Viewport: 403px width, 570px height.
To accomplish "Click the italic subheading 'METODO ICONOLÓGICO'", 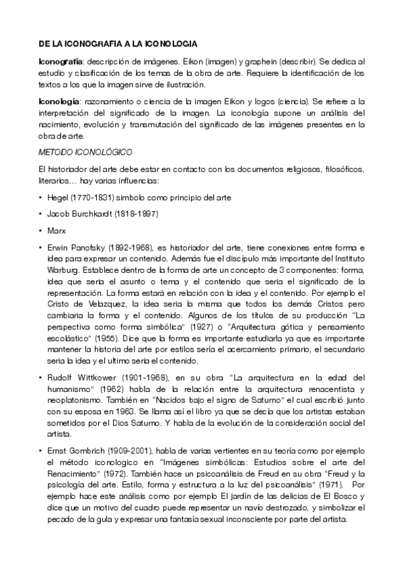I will pyautogui.click(x=85, y=151).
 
